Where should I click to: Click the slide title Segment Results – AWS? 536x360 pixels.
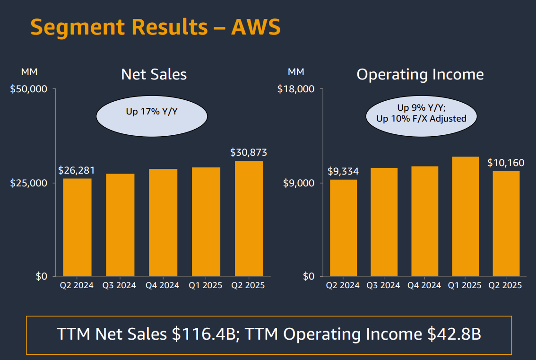tap(156, 27)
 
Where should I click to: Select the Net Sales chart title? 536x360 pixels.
tap(154, 74)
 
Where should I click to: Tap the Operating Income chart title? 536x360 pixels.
tap(420, 74)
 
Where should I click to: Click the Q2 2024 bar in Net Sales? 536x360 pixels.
tap(77, 227)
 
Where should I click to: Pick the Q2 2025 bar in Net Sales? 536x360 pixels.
tap(249, 219)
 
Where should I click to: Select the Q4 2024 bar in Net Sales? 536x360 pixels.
tap(163, 222)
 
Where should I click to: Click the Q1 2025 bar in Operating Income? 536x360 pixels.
tap(466, 216)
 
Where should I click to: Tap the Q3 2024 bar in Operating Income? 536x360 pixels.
tap(384, 222)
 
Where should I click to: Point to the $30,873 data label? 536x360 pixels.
tap(249, 152)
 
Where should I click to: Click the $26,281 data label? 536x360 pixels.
tap(77, 170)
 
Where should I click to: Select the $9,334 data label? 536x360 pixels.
tap(343, 171)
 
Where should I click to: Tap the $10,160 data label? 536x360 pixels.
tap(506, 163)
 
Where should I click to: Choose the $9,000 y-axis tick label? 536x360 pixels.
tap(299, 183)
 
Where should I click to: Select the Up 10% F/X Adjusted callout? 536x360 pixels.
tap(421, 118)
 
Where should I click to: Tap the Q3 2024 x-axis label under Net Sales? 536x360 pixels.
tap(119, 285)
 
